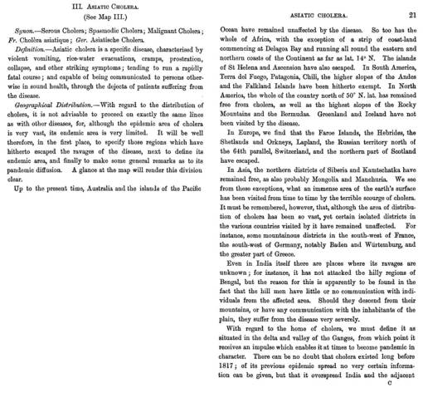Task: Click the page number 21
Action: point(411,7)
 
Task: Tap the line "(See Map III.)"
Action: point(100,19)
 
